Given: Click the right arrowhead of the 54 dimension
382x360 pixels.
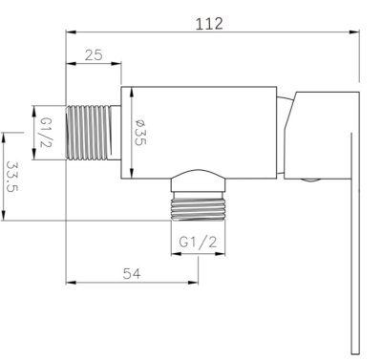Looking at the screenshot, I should (197, 284).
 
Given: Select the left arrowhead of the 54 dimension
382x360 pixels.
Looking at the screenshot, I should (68, 284).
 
